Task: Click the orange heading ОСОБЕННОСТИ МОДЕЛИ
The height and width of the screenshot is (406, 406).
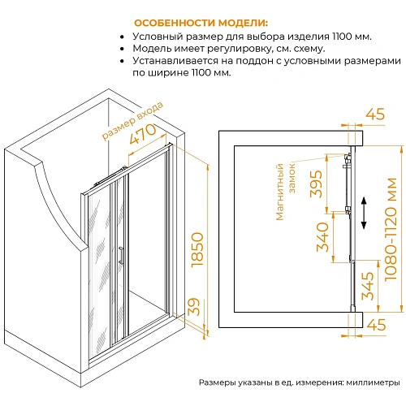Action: click(x=201, y=23)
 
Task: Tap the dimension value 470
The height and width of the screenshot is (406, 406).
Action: click(x=143, y=134)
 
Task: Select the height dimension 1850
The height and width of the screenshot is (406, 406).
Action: click(x=197, y=250)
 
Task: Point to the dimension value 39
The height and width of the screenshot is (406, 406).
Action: click(x=194, y=307)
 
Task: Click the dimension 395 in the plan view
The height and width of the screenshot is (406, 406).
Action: click(x=317, y=184)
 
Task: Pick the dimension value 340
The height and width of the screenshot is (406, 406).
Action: click(x=322, y=237)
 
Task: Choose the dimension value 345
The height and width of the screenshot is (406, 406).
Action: click(x=368, y=286)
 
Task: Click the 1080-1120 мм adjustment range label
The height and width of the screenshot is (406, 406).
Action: click(x=391, y=229)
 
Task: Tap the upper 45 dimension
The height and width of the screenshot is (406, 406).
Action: click(x=375, y=114)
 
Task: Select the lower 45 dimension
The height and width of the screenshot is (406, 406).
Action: click(x=375, y=324)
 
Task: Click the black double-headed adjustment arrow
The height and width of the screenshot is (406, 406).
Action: click(x=364, y=213)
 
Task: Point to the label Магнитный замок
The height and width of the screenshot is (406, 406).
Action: click(x=286, y=192)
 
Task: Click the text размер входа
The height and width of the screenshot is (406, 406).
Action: click(x=132, y=121)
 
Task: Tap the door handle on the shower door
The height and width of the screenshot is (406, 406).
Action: click(x=121, y=254)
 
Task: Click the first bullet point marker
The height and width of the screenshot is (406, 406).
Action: click(x=123, y=37)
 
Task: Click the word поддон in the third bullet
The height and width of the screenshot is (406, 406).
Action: click(x=254, y=61)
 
